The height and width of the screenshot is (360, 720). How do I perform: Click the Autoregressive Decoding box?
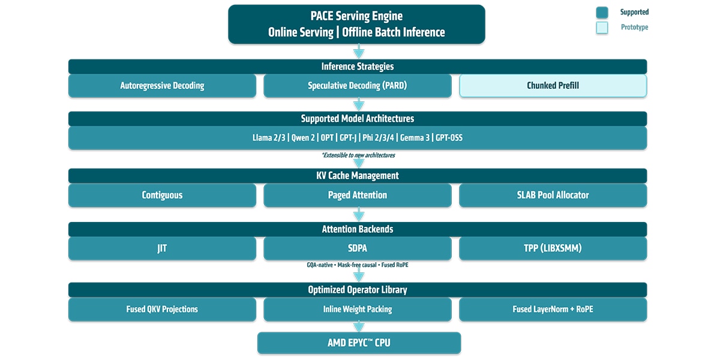pyautogui.click(x=162, y=86)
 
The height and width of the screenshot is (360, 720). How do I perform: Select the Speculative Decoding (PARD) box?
pyautogui.click(x=357, y=86)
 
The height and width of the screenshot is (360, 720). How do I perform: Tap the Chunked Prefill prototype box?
pyautogui.click(x=553, y=86)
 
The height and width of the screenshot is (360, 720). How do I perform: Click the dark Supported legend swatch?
pyautogui.click(x=602, y=13)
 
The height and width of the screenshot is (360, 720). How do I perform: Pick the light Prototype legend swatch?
pyautogui.click(x=602, y=28)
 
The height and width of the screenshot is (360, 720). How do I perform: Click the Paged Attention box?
pyautogui.click(x=357, y=195)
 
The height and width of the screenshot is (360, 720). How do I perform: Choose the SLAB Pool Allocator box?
pyautogui.click(x=553, y=195)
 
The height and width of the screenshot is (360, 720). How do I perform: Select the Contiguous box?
pyautogui.click(x=162, y=195)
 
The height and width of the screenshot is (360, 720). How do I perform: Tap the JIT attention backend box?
pyautogui.click(x=162, y=248)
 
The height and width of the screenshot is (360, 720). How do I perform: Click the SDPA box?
pyautogui.click(x=357, y=248)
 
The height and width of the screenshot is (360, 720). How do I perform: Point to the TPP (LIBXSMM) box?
pyautogui.click(x=553, y=248)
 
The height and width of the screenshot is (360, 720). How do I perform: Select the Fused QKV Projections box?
pyautogui.click(x=162, y=310)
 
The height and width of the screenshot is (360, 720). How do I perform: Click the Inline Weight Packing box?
pyautogui.click(x=357, y=310)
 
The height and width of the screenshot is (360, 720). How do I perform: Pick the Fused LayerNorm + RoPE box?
pyautogui.click(x=553, y=310)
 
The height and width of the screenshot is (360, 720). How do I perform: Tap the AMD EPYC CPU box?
pyautogui.click(x=359, y=343)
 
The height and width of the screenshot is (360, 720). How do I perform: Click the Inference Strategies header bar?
pyautogui.click(x=357, y=67)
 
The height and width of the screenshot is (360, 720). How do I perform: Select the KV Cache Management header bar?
pyautogui.click(x=357, y=176)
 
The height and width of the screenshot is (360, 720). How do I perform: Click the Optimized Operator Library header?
pyautogui.click(x=357, y=290)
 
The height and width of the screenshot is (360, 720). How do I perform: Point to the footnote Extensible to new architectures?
pyautogui.click(x=358, y=155)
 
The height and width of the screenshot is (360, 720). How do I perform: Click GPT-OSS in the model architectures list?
pyautogui.click(x=449, y=138)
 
